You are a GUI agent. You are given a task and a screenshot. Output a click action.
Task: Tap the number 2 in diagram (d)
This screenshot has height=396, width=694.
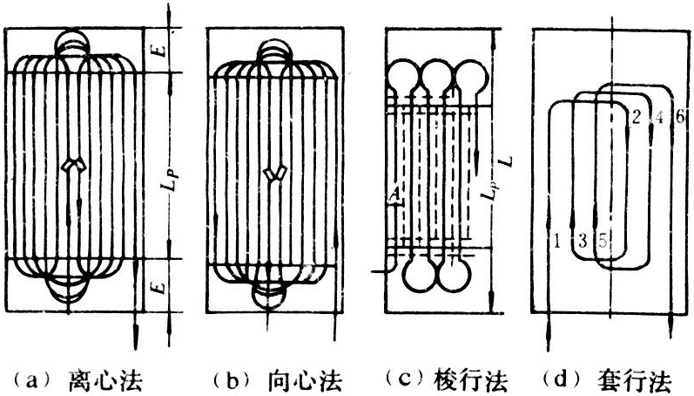pos(636,118)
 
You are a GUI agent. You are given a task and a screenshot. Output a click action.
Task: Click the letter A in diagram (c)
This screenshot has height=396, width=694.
pos(395,202)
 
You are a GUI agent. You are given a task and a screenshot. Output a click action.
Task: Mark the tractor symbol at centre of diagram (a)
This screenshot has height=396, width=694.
pos(76,167)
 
